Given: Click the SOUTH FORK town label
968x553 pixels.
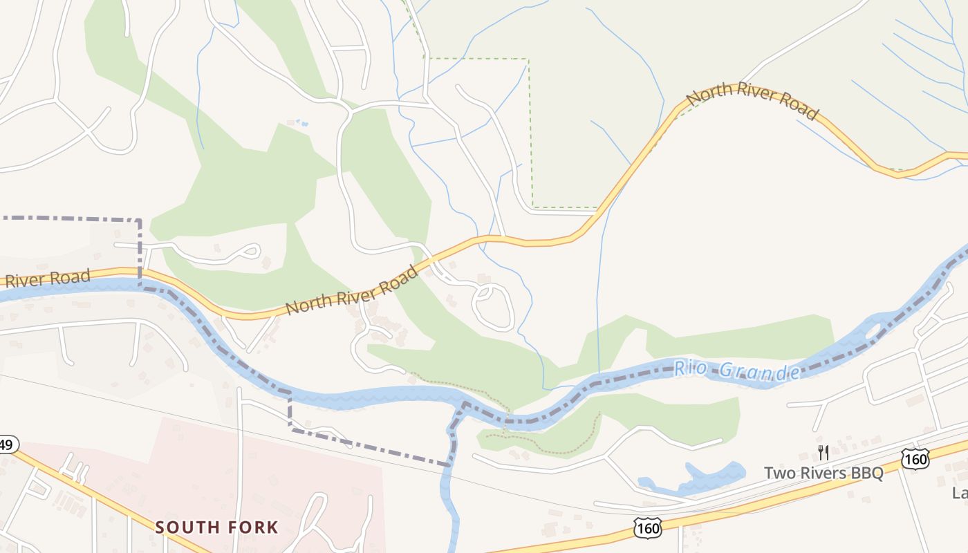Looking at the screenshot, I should [x=216, y=527].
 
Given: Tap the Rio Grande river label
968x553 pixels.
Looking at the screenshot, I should [x=737, y=371].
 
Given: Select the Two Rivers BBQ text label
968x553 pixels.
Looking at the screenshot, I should [x=823, y=474].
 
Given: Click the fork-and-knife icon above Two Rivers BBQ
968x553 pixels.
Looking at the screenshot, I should [x=823, y=453].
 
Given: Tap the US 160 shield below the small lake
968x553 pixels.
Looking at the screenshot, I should [x=647, y=528].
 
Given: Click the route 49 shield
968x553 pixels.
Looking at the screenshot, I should [x=7, y=444].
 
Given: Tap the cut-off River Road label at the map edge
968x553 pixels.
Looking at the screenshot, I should [x=46, y=279].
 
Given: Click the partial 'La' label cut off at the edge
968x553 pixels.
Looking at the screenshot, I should [x=960, y=493].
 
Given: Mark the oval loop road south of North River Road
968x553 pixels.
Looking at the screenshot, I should [x=492, y=307].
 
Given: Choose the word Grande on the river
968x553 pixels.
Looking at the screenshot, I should [x=760, y=372].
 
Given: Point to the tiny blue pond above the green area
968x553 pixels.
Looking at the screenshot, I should [x=301, y=124].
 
